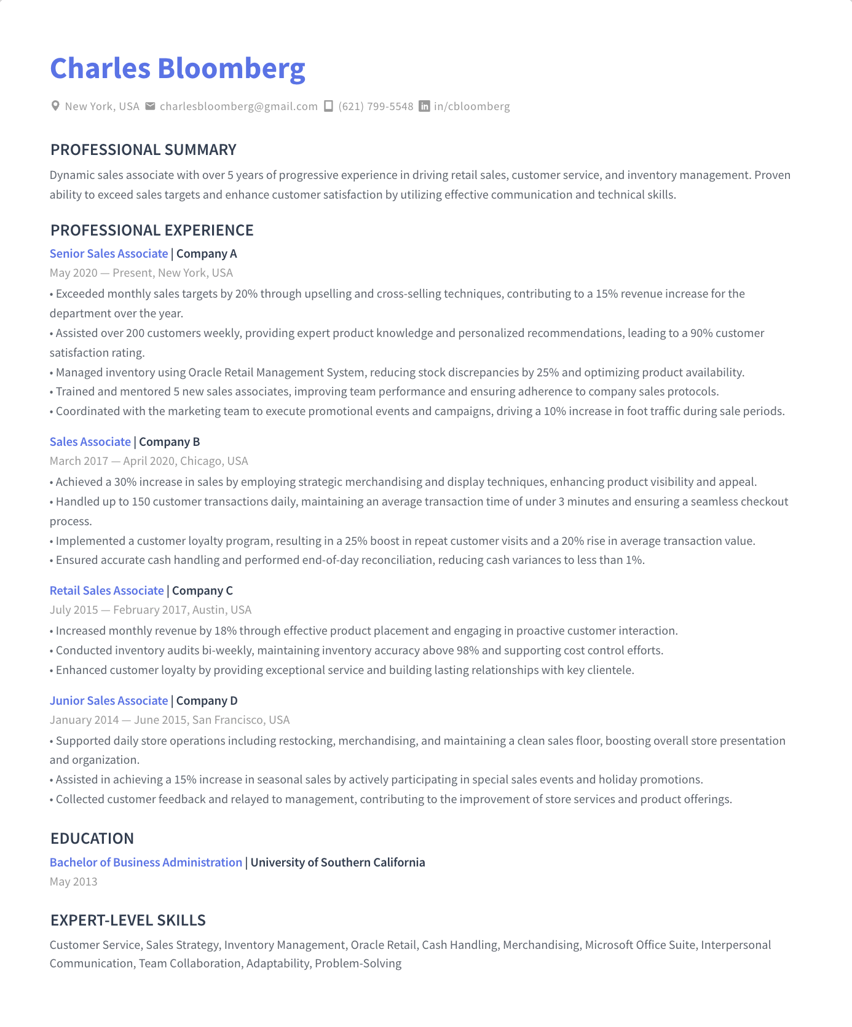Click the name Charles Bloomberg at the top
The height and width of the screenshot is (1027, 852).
click(x=177, y=68)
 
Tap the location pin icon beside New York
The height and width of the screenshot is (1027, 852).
click(x=55, y=106)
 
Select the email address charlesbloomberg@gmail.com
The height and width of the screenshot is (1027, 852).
click(x=239, y=106)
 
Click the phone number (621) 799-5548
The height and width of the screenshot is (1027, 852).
click(x=376, y=106)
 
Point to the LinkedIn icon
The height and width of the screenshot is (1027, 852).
click(x=424, y=106)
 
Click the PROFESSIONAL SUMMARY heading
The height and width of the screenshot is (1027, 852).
click(x=143, y=149)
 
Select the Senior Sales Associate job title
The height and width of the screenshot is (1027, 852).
click(x=109, y=253)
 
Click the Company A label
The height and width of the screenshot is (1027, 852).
click(x=207, y=253)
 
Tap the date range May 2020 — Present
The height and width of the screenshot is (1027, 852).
click(x=101, y=272)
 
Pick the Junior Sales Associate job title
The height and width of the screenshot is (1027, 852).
click(x=109, y=700)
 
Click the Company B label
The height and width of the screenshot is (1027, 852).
click(x=169, y=442)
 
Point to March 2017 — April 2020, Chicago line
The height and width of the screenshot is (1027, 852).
click(x=149, y=461)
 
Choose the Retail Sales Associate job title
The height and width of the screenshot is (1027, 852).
click(x=106, y=590)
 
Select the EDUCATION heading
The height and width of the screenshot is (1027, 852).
click(x=92, y=838)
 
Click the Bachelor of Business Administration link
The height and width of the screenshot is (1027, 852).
click(x=146, y=862)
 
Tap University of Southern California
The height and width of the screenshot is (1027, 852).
click(x=337, y=862)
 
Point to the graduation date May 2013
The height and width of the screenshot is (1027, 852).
click(x=73, y=881)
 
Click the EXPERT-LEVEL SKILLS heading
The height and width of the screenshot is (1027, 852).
click(x=128, y=920)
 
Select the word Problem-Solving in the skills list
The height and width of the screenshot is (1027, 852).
click(x=358, y=963)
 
